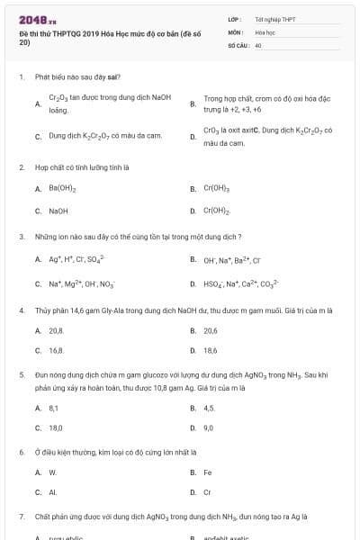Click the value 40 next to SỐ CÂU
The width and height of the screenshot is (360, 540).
click(258, 44)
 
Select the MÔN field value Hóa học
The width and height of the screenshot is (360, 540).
click(265, 31)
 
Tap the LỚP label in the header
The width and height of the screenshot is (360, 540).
click(233, 19)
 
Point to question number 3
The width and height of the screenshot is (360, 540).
click(22, 237)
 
